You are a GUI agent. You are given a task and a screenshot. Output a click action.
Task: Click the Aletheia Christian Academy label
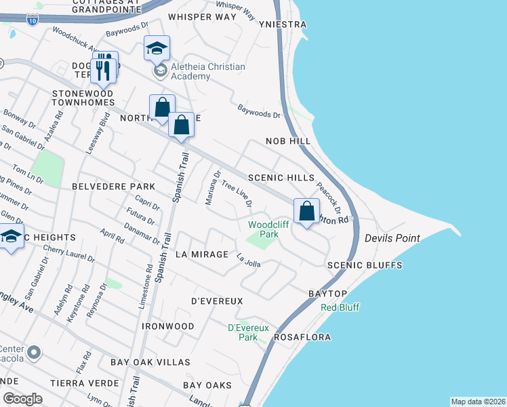click(x=207, y=72)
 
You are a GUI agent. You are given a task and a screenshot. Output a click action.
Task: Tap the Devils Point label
click(x=392, y=238)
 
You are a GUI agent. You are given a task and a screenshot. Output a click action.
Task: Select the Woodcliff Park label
click(x=263, y=229)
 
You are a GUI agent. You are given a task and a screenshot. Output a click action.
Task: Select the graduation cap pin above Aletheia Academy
click(x=157, y=49)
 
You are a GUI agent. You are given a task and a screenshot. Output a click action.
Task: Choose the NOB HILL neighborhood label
click(x=287, y=141)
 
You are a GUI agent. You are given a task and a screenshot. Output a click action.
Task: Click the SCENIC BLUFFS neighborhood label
click(x=364, y=265)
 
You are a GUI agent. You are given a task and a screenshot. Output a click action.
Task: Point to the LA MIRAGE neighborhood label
click(x=200, y=254)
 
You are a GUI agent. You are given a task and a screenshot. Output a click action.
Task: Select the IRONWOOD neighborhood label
click(x=167, y=326)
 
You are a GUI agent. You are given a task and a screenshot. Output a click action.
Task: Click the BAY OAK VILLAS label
click(x=150, y=362)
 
